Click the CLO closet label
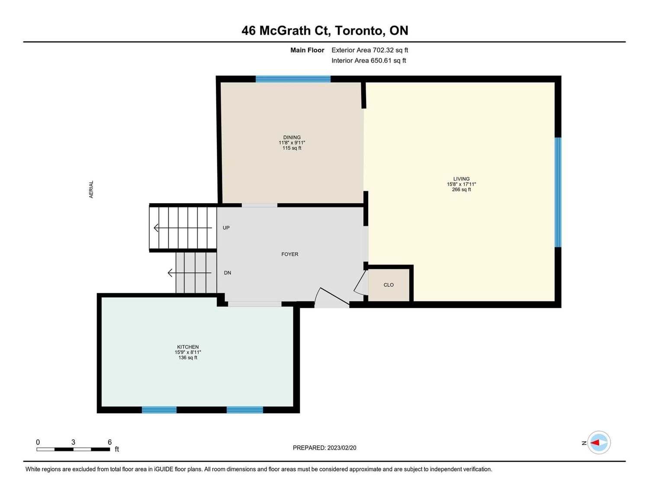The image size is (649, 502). point(388,285)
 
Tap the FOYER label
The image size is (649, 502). point(290,254)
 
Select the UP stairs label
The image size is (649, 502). point(226,228)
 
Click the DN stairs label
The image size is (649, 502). point(227,273)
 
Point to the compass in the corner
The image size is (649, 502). point(598,443)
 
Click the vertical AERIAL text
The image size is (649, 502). point(91,189)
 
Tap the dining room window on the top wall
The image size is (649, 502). point(292,79)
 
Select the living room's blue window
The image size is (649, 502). point(558,192)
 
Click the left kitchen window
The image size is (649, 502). point(159,410)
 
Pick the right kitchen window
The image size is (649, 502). point(244,410)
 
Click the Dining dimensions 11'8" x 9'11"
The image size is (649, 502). point(292,143)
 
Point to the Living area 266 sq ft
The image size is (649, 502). point(461,190)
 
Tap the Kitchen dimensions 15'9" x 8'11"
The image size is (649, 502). point(188,353)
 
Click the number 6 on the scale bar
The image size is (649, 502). point(109,442)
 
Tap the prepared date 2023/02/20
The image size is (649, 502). point(342,448)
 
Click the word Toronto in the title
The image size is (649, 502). point(358,31)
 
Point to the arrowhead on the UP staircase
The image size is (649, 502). point(156,228)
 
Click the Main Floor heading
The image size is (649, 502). point(307,50)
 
